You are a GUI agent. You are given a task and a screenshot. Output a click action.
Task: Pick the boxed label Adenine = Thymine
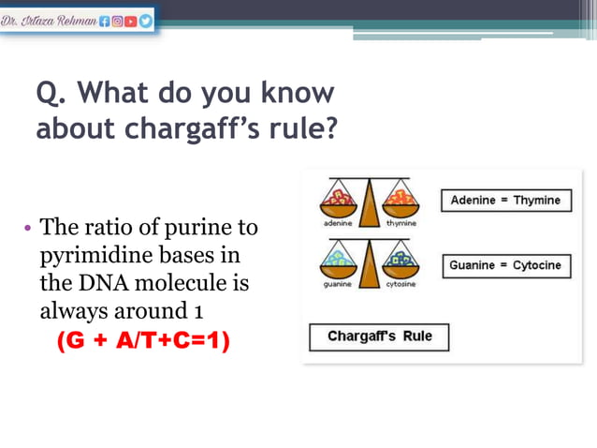pos(505,201)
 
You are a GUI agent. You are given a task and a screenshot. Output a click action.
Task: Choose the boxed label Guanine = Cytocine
pos(505,265)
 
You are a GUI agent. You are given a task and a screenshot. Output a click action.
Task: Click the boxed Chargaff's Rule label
pos(380,336)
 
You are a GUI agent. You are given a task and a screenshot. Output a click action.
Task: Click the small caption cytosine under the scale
pos(400,284)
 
